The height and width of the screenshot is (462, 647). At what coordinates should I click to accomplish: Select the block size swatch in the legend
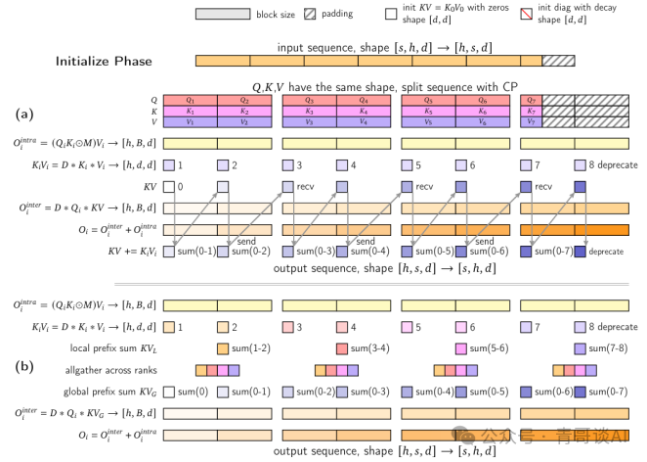click(222, 15)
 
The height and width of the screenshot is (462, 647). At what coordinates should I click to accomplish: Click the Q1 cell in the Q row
click(191, 100)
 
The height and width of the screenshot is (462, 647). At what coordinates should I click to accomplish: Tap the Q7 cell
click(530, 100)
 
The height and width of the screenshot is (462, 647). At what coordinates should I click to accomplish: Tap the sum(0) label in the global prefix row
click(194, 392)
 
